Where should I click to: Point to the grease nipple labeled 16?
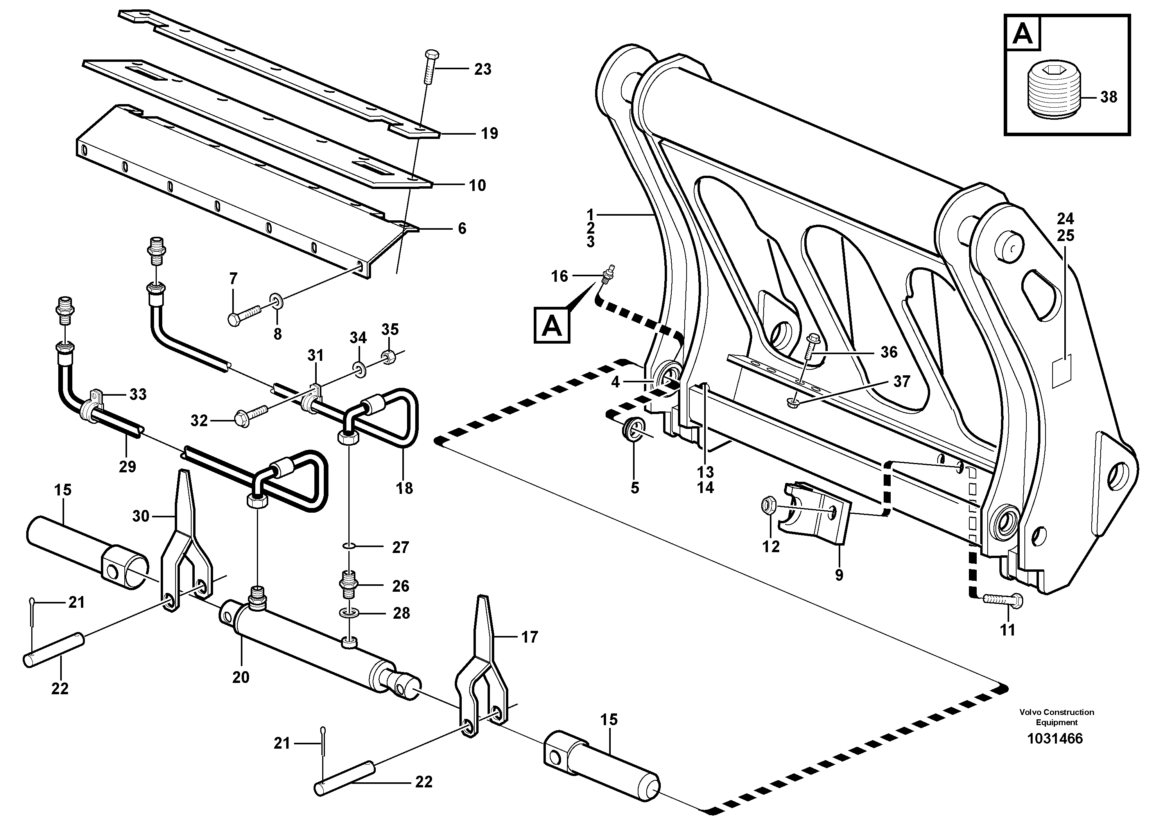(606, 274)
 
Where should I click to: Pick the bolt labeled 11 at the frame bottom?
(1002, 600)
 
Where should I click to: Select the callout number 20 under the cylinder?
(241, 677)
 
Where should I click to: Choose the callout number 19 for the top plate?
(489, 134)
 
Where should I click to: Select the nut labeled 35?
(389, 358)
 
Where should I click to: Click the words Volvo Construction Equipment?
(1056, 717)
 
